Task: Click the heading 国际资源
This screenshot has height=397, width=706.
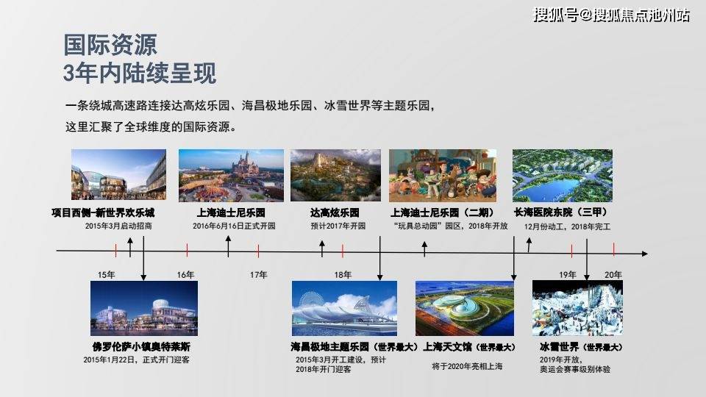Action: [110, 45]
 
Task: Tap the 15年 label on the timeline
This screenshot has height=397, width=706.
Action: [106, 274]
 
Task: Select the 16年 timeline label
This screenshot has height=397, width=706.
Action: [185, 274]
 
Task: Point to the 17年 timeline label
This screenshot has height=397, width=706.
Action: [258, 274]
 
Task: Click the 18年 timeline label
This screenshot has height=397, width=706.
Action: [343, 274]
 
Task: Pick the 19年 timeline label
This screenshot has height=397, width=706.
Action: [568, 274]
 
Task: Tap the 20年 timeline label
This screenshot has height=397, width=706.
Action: [613, 274]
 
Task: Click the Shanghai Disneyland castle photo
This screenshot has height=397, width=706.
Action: [231, 176]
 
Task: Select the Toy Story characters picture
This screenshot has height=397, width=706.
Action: [443, 176]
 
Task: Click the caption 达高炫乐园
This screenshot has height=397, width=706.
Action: [335, 212]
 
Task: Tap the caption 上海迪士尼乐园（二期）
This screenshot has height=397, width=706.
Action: [442, 212]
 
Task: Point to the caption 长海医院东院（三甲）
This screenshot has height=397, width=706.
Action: [561, 212]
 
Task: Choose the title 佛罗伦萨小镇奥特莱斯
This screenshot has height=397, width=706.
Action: [141, 346]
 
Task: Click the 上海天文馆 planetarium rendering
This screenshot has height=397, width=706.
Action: [464, 308]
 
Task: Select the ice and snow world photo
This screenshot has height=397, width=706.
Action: [578, 308]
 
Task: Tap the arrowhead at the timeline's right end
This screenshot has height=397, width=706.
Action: [645, 254]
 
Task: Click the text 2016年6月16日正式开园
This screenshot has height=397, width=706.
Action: [234, 226]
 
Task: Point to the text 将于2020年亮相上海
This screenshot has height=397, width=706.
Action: [467, 366]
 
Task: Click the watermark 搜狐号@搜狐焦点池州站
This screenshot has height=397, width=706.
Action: [611, 15]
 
